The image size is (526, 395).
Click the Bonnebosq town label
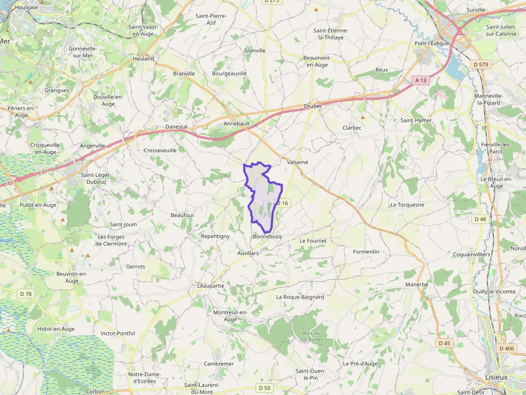pyautogui.click(x=267, y=236)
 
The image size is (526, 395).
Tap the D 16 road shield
pyautogui.click(x=282, y=203)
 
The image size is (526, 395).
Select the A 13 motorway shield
pyautogui.click(x=421, y=80)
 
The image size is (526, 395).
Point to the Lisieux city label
pyautogui.click(x=496, y=377)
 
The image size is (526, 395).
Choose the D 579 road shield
pyautogui.click(x=481, y=65)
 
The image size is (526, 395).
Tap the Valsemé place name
pyautogui.click(x=297, y=162)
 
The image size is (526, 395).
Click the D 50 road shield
pyautogui.click(x=264, y=387)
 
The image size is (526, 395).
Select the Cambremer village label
pyautogui.click(x=218, y=364)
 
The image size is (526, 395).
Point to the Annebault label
pyautogui.click(x=237, y=123)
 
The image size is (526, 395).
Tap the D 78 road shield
pyautogui.click(x=26, y=294)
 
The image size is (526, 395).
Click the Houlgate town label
pyautogui.click(x=26, y=8)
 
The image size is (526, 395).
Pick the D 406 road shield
pyautogui.click(x=506, y=348)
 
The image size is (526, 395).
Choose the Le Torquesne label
pyautogui.click(x=407, y=205)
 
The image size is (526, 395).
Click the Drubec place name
pyautogui.click(x=313, y=106)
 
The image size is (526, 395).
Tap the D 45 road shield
pyautogui.click(x=444, y=343)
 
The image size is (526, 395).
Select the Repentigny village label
pyautogui.click(x=215, y=236)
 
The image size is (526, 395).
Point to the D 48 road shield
pyautogui.click(x=480, y=219)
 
